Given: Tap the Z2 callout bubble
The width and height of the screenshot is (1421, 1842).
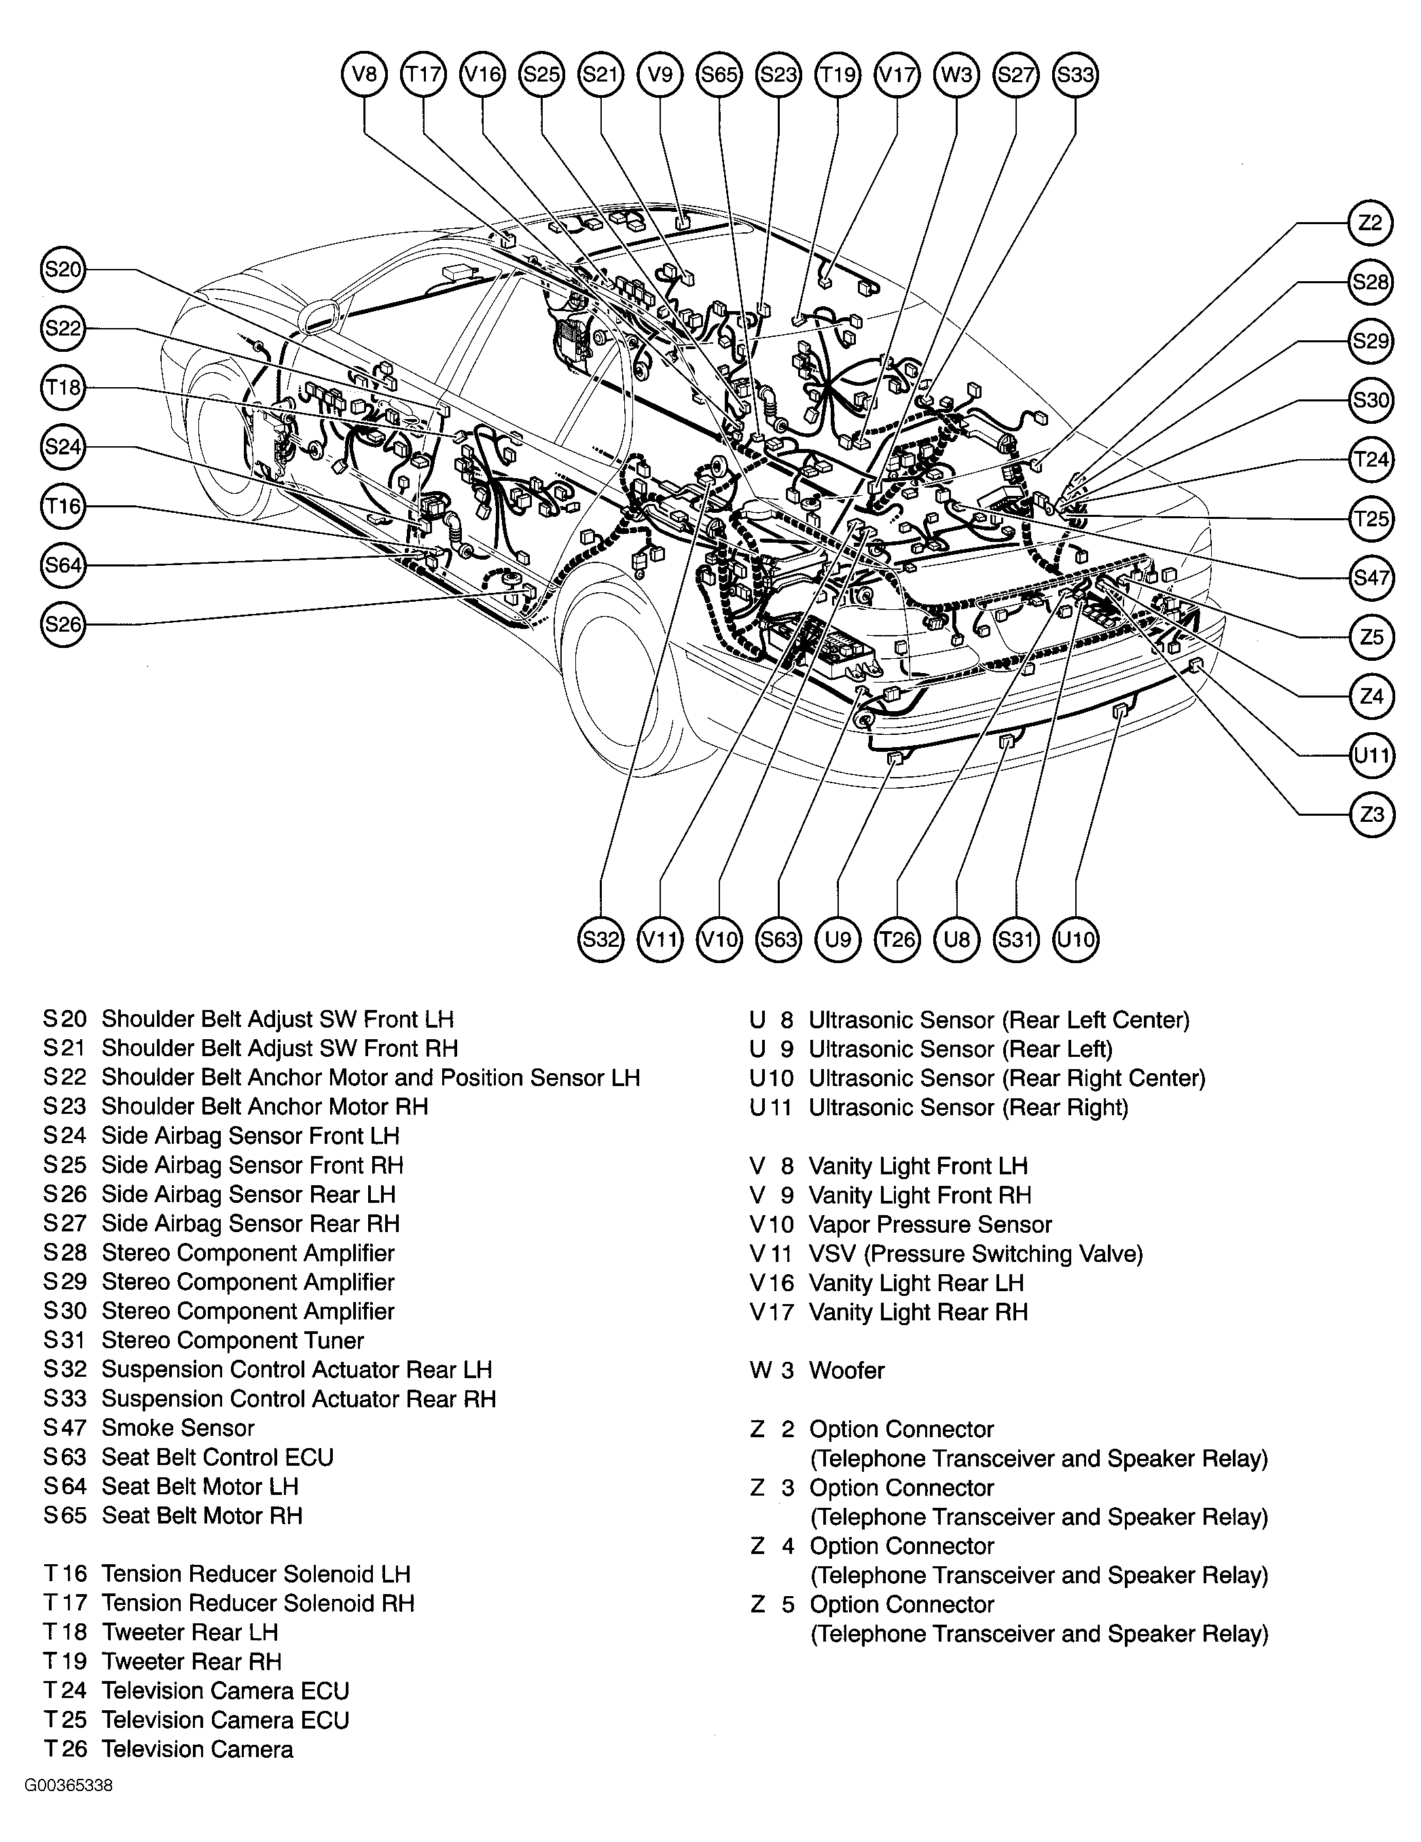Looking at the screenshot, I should coord(1371,223).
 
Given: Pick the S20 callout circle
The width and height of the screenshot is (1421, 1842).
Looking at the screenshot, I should coord(63,270).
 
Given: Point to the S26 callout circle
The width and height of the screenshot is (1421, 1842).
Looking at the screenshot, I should coord(63,624).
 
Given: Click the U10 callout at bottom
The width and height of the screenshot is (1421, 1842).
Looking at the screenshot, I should coord(1075,939).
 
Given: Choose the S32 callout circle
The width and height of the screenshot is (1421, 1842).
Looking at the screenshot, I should coord(600,939).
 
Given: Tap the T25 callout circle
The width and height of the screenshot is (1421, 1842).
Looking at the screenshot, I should coord(1371,519).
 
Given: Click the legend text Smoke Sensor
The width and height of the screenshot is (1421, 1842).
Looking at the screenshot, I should coord(177,1428).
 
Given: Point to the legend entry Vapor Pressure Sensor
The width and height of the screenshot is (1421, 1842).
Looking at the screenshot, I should coord(929,1225).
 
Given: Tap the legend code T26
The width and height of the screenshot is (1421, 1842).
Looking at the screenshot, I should coord(65,1749).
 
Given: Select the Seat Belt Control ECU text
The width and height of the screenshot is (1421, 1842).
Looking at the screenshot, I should coord(217,1458).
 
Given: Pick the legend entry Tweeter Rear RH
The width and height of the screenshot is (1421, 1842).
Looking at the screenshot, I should coord(191,1661).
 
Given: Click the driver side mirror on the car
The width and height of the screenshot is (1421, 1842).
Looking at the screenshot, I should coord(321,318).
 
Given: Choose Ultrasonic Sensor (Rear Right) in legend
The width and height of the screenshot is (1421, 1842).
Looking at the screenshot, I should coord(967,1107).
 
